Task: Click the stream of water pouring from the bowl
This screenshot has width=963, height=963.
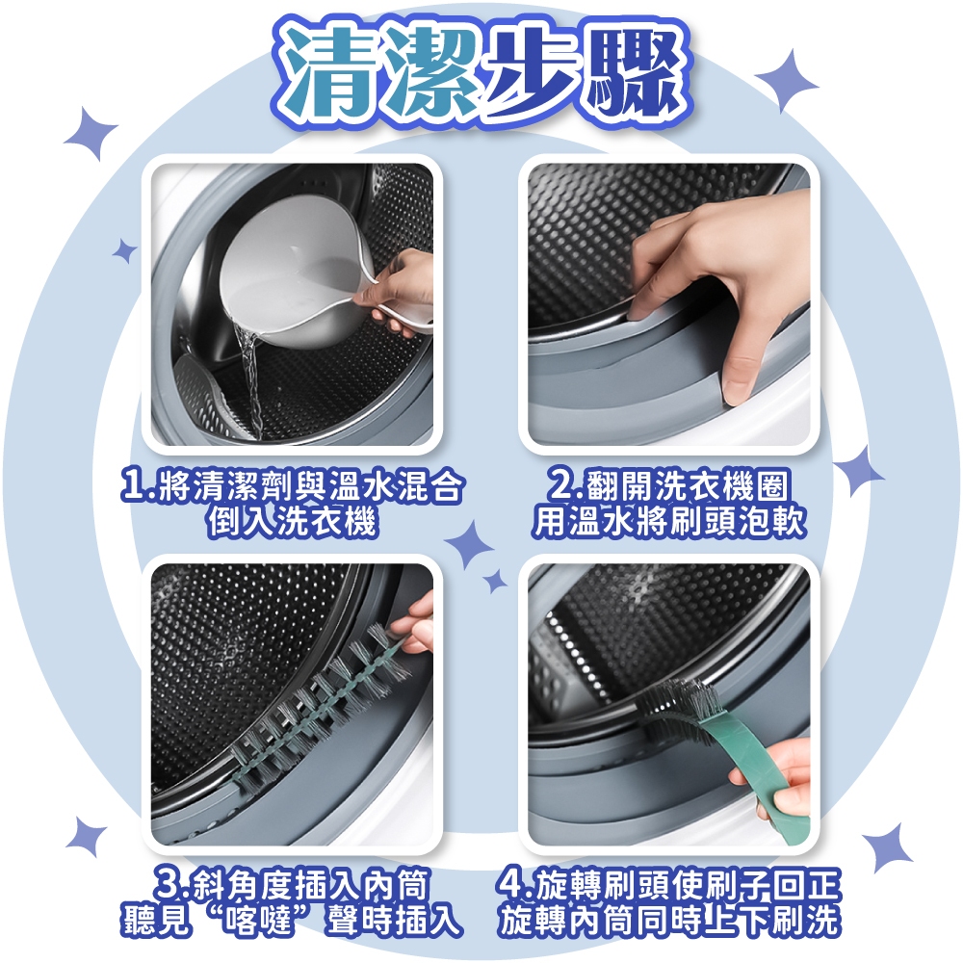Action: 248,380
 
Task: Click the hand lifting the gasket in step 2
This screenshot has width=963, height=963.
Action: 718,289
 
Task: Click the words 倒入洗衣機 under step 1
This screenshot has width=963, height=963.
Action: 291,523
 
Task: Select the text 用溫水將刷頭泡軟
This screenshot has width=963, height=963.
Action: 668,523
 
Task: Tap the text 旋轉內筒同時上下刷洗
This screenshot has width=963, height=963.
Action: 668,920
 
